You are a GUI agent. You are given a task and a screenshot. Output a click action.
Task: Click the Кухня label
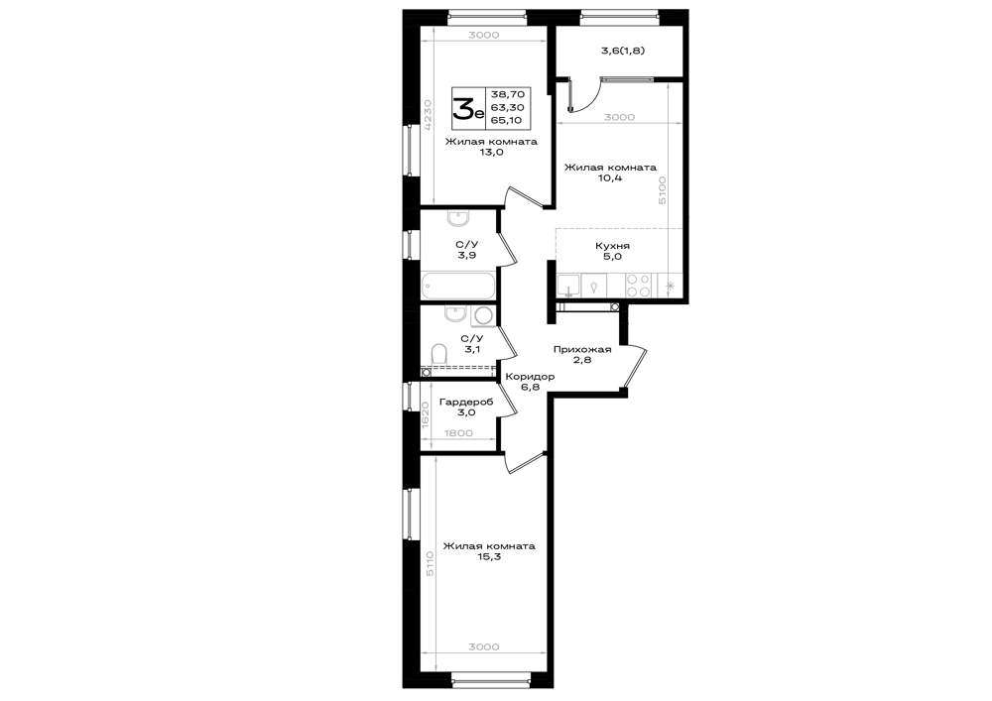click(612, 246)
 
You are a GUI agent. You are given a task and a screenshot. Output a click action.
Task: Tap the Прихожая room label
click(582, 350)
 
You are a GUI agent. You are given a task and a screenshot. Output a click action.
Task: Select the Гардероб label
click(466, 402)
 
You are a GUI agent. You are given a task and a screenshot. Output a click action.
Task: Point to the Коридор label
click(530, 377)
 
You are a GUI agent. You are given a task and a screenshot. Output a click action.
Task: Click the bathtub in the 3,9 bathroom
click(458, 286)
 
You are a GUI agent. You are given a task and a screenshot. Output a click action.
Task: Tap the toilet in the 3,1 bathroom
click(437, 354)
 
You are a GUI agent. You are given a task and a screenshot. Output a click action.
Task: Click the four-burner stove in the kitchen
click(638, 285)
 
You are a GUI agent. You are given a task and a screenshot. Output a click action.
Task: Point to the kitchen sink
click(569, 286)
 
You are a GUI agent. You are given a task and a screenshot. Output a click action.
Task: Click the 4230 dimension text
click(429, 114)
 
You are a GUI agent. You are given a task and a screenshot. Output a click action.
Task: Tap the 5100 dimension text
click(662, 190)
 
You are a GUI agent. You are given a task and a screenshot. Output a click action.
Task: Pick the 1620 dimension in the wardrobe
click(426, 413)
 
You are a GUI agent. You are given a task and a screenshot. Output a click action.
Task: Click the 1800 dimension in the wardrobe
click(458, 433)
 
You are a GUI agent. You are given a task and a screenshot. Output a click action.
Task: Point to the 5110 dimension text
click(430, 563)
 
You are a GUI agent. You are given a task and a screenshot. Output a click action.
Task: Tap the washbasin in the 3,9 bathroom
click(457, 219)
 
